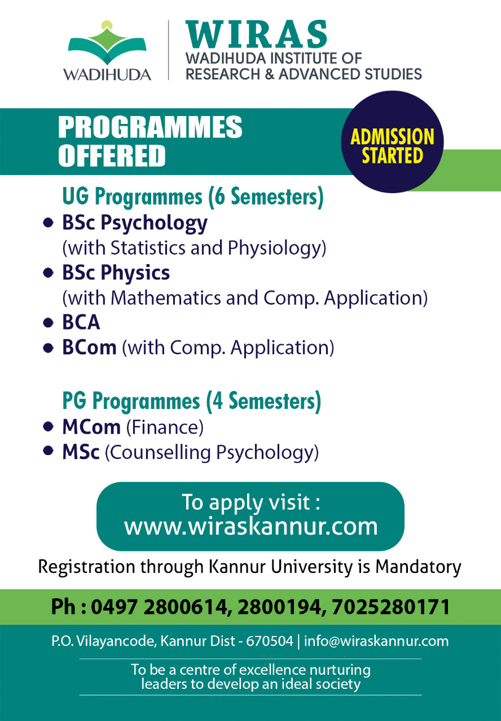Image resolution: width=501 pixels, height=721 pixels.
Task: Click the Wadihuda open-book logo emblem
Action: [x=107, y=43]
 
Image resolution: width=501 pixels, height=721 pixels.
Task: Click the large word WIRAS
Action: [x=257, y=34]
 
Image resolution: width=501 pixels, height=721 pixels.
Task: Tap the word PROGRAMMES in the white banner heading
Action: [x=150, y=127]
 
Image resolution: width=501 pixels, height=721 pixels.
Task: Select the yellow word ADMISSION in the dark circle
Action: [x=392, y=137]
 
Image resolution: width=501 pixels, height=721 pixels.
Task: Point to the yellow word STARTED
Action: [x=392, y=155]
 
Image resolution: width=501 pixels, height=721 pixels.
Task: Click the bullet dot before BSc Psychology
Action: [x=48, y=222]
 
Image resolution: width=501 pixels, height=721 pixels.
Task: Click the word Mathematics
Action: [x=166, y=298]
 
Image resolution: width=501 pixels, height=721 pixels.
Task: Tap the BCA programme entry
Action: [x=81, y=322]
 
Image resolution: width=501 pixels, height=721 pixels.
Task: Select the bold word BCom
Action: [x=89, y=348]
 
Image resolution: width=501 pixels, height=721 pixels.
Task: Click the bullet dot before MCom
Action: [x=48, y=427]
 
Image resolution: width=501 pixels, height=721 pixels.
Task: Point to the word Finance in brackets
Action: [x=165, y=428]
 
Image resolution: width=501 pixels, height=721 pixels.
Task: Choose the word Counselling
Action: [x=160, y=452]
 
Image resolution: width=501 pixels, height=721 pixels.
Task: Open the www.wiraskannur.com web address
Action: [x=251, y=527]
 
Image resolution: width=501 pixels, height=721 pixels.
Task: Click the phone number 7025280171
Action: [x=390, y=607]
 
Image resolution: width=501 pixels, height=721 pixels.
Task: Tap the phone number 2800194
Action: [x=279, y=607]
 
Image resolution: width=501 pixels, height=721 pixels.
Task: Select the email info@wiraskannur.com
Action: [x=376, y=641]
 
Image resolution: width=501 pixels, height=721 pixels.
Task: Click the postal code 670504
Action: [x=270, y=641]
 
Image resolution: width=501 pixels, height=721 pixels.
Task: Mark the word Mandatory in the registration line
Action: [x=418, y=567]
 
